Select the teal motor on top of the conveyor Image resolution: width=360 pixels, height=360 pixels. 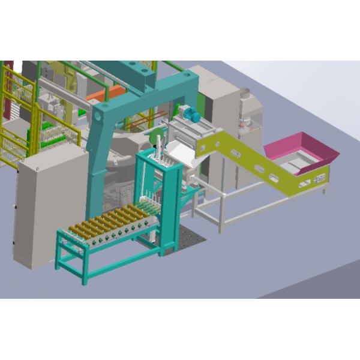point(190,113)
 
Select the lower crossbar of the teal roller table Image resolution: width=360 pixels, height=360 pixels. point(111,264)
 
